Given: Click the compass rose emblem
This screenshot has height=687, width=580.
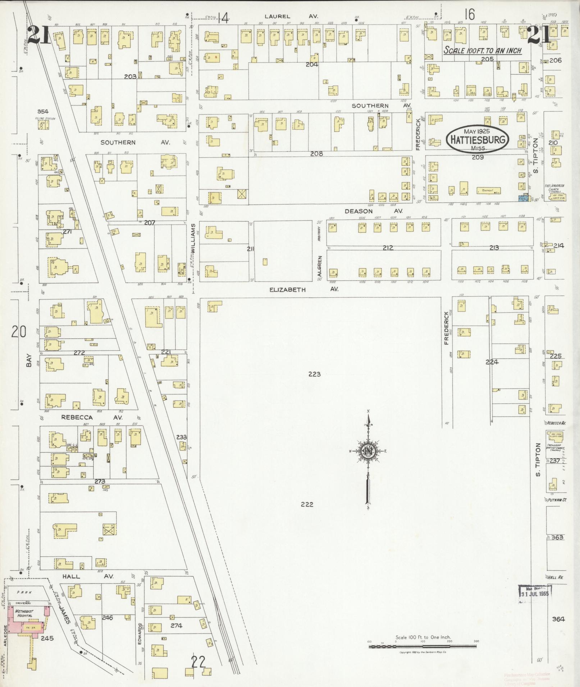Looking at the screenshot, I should pos(368,451).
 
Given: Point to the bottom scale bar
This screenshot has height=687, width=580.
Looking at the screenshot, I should pos(423,646).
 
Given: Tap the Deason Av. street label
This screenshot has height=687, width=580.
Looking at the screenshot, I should pos(373,211).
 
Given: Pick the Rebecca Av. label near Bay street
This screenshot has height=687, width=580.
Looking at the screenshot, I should pos(92,418).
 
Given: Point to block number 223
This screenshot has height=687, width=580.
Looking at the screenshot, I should pos(314,374).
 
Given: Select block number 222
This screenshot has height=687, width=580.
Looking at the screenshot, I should pos(307,504).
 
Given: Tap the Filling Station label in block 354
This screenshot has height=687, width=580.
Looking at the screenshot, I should pos(45,118).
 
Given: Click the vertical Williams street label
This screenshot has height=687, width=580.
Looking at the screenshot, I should pos(193,239).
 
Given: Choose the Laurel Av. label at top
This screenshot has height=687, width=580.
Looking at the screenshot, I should pos(291,17).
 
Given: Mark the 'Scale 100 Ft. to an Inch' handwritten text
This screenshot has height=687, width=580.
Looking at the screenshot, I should pos(483,50).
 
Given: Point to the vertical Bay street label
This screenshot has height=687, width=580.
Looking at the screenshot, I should pos(29,361).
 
